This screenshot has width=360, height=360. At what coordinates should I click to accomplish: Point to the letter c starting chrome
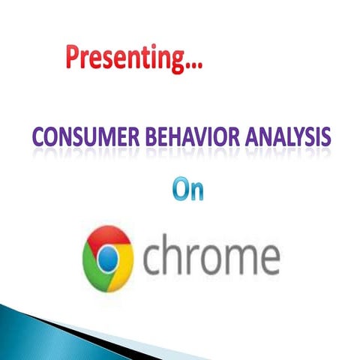(x=152, y=260)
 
